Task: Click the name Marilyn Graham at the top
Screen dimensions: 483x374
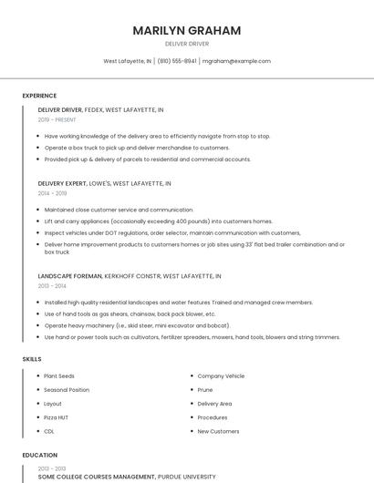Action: point(187,30)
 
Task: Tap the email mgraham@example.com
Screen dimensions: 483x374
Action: point(236,61)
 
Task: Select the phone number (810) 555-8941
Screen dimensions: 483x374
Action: point(177,61)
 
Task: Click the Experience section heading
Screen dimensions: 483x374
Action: point(39,96)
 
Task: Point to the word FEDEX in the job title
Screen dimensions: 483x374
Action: point(94,109)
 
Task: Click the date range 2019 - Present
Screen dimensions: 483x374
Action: point(57,119)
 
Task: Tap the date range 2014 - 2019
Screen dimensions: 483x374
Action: point(52,193)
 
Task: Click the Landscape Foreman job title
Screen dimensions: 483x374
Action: point(68,275)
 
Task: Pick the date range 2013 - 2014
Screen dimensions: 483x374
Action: point(52,285)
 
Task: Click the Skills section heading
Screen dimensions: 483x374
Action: point(32,359)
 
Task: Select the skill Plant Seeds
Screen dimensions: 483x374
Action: point(59,375)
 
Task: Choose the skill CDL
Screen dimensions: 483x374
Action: point(49,431)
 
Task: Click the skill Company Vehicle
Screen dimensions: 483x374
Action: point(221,375)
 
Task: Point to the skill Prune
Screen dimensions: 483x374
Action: point(205,389)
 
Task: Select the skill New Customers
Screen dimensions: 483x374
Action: point(218,431)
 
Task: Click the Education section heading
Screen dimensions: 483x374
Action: point(39,455)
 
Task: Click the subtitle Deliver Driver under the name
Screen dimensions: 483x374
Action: point(187,44)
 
